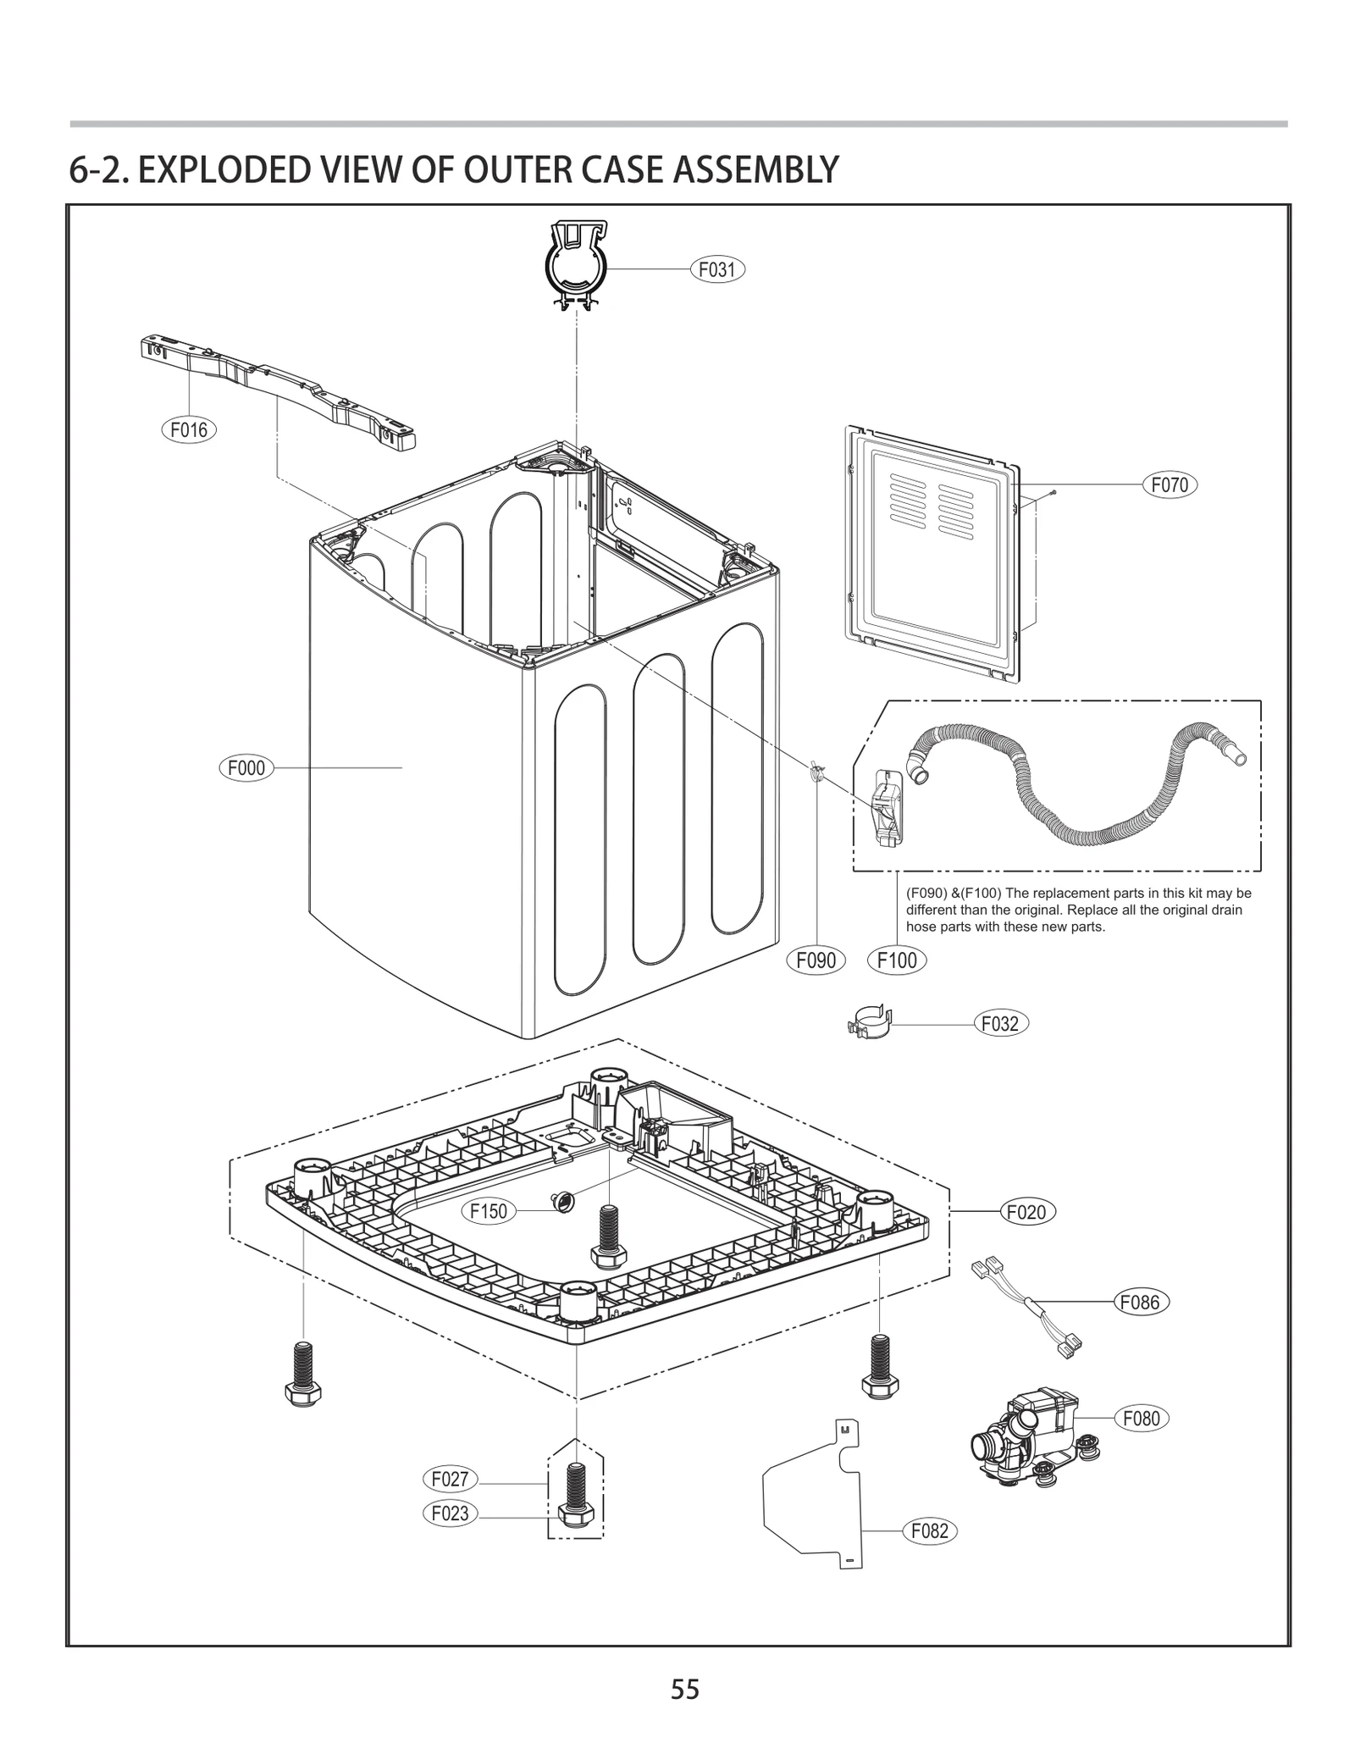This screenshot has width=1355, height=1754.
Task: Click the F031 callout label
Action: click(716, 270)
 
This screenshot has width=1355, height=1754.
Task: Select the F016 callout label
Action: click(188, 429)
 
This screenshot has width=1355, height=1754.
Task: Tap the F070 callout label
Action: click(1170, 485)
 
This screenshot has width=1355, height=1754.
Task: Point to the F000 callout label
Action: click(246, 768)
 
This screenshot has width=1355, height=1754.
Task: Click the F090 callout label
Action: click(816, 960)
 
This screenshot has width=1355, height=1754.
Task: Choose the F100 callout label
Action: click(897, 960)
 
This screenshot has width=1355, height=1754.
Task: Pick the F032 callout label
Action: click(999, 1023)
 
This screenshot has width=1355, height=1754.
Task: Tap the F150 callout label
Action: click(489, 1211)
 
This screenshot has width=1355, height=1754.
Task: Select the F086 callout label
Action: click(1140, 1303)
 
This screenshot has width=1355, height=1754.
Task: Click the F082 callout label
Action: click(929, 1531)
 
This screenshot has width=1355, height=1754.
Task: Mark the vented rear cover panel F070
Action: click(932, 555)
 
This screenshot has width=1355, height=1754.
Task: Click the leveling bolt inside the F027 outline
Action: click(576, 1497)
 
